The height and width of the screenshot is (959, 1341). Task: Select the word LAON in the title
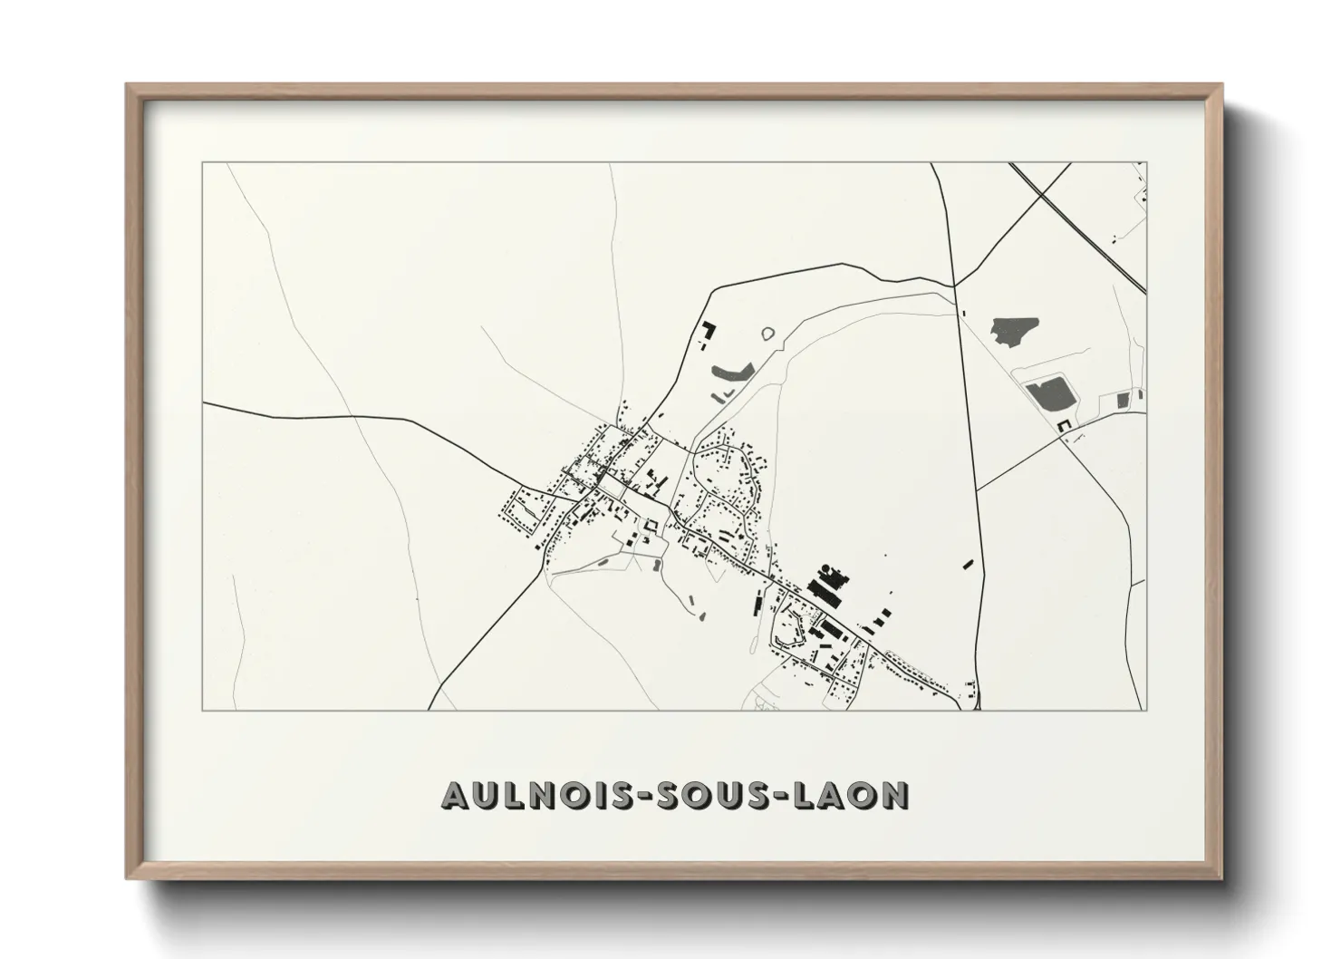point(849,795)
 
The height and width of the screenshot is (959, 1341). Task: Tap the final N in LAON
point(895,795)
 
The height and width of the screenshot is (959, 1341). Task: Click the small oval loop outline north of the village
point(769,334)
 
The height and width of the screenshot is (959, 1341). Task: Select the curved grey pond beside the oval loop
point(733,370)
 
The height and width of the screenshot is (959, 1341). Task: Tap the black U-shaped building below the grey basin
point(1064,424)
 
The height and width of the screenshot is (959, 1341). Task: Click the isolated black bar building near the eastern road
point(968,564)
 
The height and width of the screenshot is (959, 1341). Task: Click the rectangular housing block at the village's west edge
point(524,511)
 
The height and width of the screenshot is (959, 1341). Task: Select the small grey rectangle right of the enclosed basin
point(1124,399)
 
